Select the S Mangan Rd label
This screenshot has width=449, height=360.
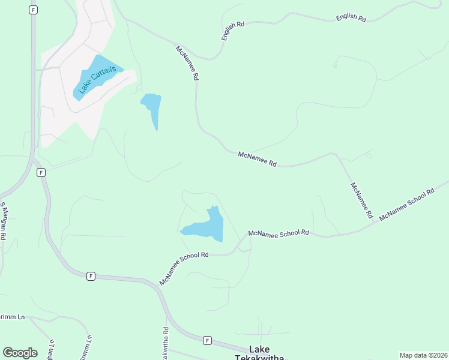3,221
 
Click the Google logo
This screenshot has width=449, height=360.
20,353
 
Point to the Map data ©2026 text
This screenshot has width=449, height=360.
423,355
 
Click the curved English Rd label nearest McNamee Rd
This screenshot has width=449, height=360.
233,31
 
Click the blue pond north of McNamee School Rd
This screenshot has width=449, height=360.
207,226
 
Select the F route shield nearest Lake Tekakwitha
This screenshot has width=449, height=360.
207,340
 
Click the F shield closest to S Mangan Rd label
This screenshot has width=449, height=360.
41,172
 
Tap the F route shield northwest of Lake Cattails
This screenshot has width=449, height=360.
33,10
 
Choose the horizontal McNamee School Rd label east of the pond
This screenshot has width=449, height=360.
279,233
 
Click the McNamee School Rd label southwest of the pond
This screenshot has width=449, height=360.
184,268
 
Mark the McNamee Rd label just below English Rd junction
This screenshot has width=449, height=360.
187,64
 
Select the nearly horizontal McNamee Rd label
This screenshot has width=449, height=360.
258,159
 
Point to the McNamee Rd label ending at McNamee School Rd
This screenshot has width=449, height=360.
362,200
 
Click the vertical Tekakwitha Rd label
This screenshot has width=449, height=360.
164,344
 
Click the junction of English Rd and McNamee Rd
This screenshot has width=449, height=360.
209,59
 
